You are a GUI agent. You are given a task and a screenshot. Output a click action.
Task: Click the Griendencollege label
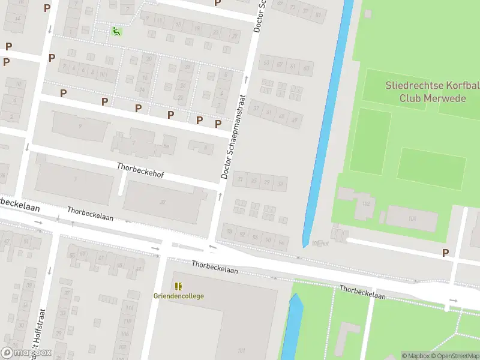coord(179,296)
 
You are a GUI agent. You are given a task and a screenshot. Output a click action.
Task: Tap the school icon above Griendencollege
coord(178,286)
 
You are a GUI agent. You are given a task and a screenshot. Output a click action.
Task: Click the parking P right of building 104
coord(445,253)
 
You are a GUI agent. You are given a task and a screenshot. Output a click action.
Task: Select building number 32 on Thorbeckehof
coord(162,202)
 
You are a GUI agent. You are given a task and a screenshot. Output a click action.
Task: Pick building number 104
coord(412,218)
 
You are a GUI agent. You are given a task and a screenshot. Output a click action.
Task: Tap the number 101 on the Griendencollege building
coord(241,350)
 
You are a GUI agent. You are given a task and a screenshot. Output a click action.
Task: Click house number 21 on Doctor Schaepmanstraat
coord(241,179)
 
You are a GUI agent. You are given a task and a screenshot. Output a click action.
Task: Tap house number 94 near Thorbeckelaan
coord(281,242)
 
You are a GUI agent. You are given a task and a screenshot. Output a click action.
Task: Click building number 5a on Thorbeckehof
coord(167,146)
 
